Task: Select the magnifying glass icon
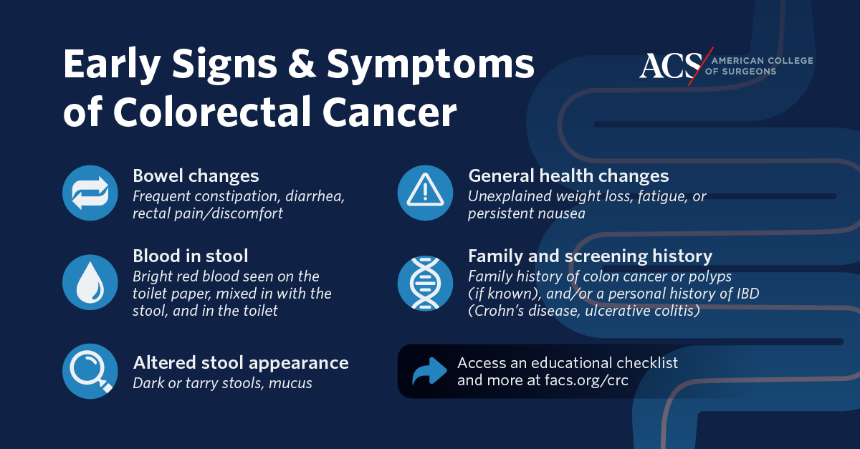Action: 90,371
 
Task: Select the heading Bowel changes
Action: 196,176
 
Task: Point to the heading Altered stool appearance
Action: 241,362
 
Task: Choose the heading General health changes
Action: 568,176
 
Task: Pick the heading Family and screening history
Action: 590,256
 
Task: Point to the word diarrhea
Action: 315,196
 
